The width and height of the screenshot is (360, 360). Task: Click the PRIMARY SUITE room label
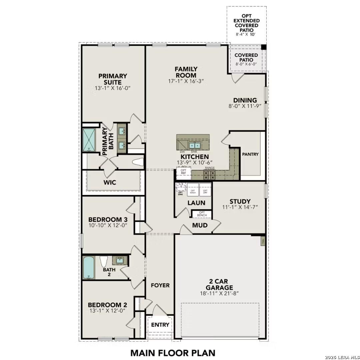(113, 79)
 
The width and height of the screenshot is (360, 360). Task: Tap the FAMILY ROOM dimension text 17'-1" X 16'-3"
(186, 81)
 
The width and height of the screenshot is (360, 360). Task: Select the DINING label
(245, 100)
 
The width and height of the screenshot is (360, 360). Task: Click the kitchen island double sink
(194, 145)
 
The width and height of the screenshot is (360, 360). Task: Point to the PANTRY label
(250, 154)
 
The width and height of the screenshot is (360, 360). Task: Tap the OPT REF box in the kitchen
(183, 172)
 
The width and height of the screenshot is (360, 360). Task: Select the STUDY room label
(240, 201)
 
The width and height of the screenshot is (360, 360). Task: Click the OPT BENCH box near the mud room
(202, 214)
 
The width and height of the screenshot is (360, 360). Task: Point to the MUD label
(200, 225)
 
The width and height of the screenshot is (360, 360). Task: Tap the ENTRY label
(160, 325)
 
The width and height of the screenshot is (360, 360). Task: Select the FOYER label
(160, 285)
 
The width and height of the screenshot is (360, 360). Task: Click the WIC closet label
(110, 183)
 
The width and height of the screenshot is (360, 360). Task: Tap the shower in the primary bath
(89, 140)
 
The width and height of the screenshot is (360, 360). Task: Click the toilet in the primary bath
(137, 162)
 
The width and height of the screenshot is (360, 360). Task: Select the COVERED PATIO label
(246, 57)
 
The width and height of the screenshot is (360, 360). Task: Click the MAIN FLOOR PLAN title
(173, 352)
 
